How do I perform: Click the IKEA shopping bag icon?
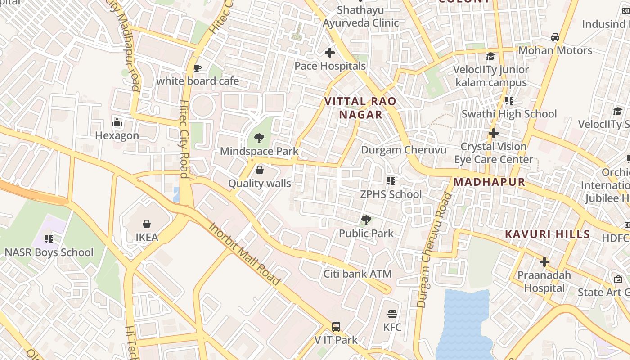point(147,224)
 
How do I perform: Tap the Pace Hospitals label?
point(330,66)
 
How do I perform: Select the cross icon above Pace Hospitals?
point(330,53)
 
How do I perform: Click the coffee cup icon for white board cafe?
point(197,68)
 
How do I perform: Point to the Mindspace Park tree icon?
point(259,138)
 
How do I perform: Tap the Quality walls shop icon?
point(259,170)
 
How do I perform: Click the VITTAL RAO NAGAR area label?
point(360,108)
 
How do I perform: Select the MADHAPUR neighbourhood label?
point(489,182)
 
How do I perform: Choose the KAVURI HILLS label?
point(547,234)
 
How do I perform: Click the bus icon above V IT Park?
point(336,327)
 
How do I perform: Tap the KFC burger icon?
point(392,314)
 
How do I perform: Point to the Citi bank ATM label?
point(357,274)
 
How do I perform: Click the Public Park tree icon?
point(366,220)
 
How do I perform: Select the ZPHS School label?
point(391,194)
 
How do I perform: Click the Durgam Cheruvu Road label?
point(434,250)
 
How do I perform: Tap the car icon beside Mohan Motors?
point(555,37)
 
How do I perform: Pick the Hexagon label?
point(117,135)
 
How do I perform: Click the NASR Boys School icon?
point(49,238)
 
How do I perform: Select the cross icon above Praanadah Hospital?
point(544,262)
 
